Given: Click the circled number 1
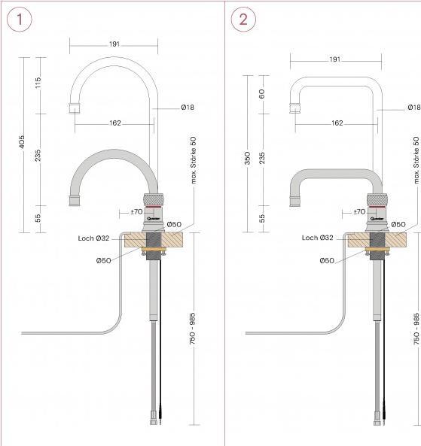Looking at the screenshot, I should [20, 20].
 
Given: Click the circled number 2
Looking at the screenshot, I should [243, 20].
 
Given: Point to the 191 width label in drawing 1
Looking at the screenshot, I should [114, 44].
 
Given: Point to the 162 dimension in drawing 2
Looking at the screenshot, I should [337, 123].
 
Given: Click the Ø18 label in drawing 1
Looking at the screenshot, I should [188, 108].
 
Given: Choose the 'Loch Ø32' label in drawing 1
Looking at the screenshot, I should [93, 238].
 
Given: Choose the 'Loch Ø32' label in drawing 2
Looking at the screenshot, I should [317, 238].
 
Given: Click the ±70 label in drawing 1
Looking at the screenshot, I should [136, 212].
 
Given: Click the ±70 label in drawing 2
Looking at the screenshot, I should [359, 212].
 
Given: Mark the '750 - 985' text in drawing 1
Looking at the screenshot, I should [193, 328].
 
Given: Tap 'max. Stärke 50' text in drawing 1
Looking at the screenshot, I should [193, 160].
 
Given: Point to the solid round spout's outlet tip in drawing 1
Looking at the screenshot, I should [75, 201].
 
